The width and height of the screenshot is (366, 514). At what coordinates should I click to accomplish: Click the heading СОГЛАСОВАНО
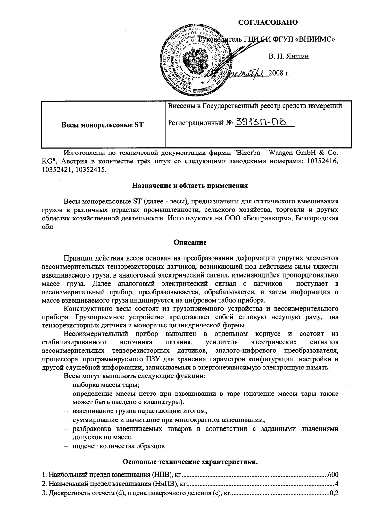tap(268, 22)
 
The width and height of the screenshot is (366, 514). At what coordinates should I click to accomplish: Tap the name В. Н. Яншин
tap(288, 57)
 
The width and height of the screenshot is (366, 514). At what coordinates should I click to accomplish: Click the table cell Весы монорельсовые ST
tap(103, 125)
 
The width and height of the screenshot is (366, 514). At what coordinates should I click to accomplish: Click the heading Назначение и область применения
tap(190, 186)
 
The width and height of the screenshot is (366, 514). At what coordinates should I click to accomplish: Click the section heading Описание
tap(190, 243)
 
